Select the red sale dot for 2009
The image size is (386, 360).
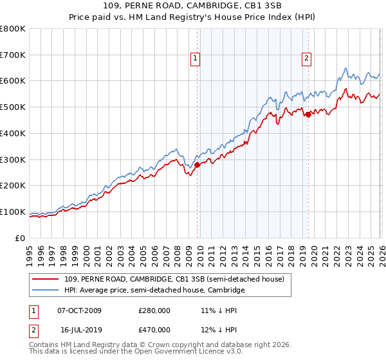tap(197, 165)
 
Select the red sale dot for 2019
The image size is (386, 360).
tap(308, 114)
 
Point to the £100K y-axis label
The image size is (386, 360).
tap(13, 212)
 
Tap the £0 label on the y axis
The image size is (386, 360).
tap(19, 238)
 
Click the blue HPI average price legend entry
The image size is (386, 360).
tap(154, 291)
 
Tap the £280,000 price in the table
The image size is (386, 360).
tap(154, 310)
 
